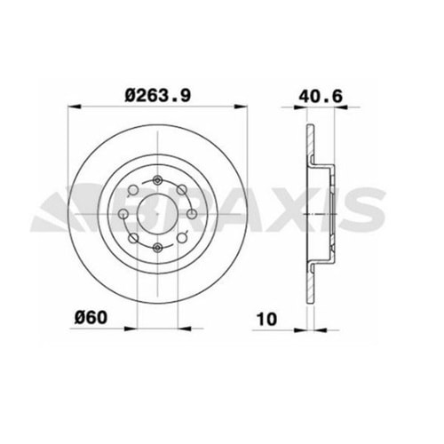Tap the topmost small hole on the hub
click(155, 179)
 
